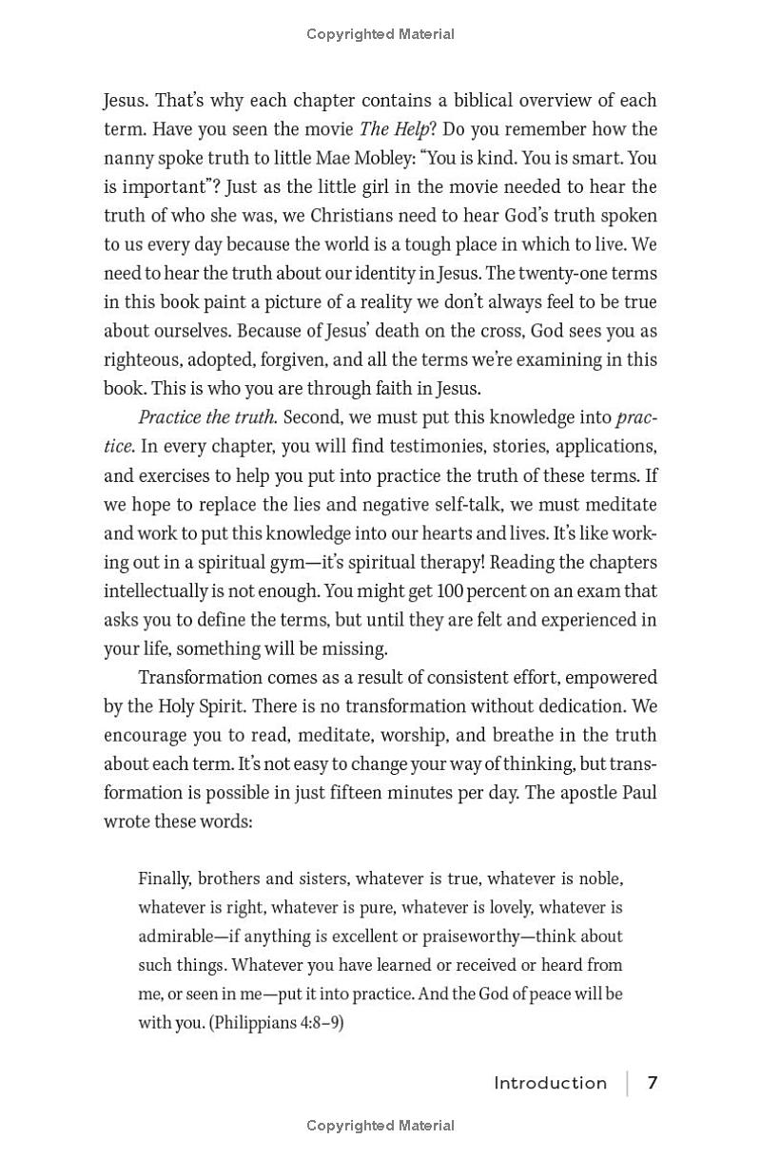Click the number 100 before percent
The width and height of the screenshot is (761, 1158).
[x=452, y=590]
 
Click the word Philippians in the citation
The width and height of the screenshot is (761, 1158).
[x=251, y=1023]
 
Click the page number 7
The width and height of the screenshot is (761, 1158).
[x=653, y=1083]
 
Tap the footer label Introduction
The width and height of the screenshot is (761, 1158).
[x=550, y=1083]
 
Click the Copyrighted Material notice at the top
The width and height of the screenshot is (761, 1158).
[x=380, y=34]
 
